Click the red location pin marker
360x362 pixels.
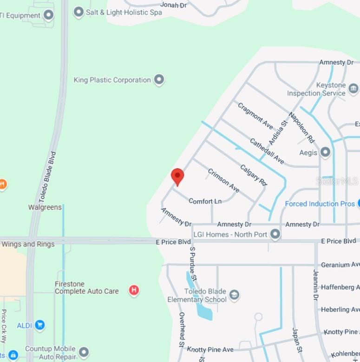[177, 177]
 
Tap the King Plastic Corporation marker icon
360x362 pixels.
[159, 80]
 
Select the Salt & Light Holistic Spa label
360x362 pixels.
[124, 12]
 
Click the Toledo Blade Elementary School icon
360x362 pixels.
[235, 294]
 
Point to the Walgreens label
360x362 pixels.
[45, 207]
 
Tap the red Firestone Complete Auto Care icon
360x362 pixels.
[134, 291]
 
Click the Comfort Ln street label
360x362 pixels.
[205, 201]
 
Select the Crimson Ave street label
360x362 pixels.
[223, 181]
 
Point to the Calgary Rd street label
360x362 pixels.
[254, 175]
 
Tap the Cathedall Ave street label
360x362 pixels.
[267, 151]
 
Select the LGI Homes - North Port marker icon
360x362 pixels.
[275, 234]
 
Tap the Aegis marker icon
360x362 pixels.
[325, 152]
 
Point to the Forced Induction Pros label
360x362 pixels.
[320, 204]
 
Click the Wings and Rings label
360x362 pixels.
[28, 244]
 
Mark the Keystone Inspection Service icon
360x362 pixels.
[353, 88]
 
